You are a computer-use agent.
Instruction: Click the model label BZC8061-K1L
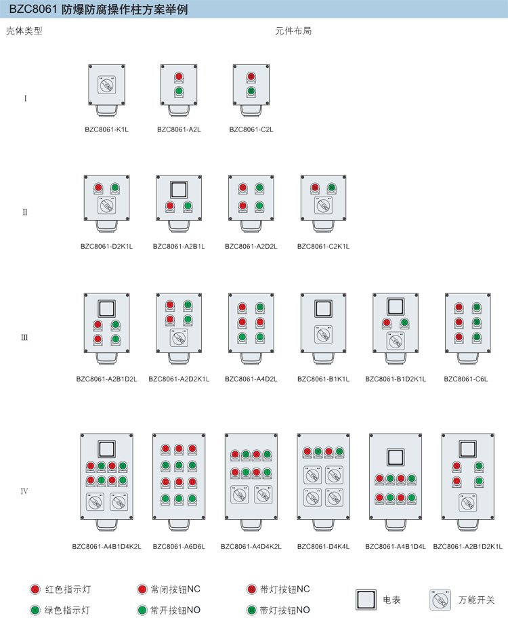106,129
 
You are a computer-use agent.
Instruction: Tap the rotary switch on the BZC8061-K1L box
106,85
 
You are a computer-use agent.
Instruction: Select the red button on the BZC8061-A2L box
179,77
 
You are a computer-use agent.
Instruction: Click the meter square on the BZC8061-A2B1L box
179,190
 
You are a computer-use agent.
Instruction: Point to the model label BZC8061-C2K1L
323,247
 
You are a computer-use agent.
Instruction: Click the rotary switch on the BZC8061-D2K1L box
106,205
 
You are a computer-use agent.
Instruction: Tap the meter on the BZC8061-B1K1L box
323,308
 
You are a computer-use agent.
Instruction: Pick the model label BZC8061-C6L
465,379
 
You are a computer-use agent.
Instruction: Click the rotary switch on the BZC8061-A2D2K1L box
179,337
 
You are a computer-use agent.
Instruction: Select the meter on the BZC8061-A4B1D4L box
396,457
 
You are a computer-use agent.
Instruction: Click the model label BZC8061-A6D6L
179,546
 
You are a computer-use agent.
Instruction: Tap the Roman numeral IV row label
24,491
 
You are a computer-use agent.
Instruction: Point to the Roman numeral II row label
24,212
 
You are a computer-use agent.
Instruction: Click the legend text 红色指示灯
68,589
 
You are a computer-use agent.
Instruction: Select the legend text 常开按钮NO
175,610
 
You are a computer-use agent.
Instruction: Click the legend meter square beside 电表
366,600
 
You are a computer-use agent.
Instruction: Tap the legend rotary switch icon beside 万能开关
440,600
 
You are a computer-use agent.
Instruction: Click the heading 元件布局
293,31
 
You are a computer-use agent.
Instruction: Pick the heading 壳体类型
24,31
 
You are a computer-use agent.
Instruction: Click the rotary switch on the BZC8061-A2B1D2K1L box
468,503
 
